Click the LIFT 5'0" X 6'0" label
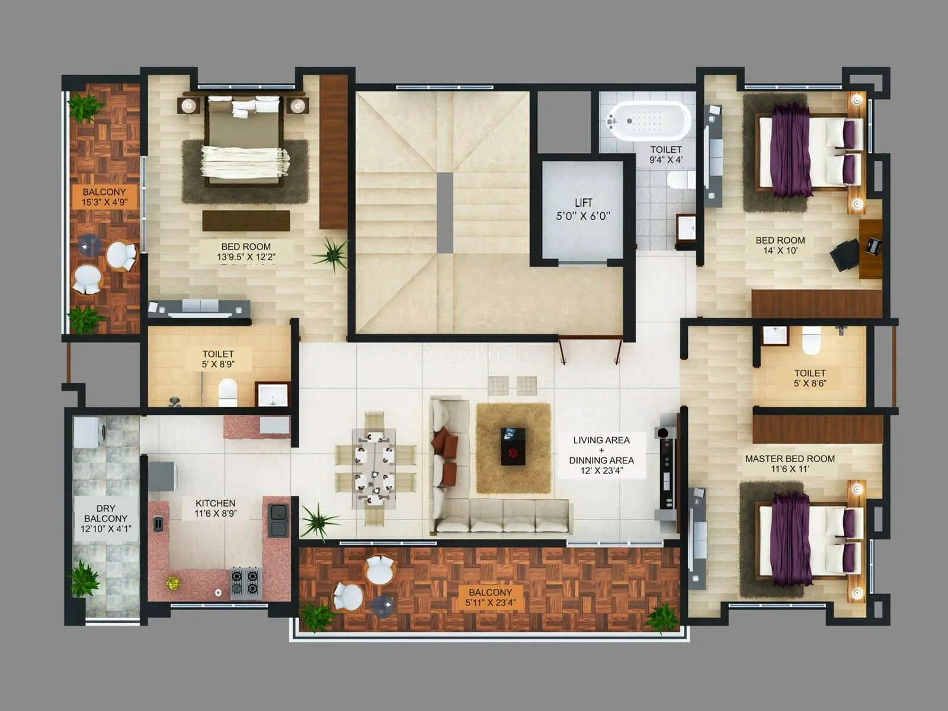583,209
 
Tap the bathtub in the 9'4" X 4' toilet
650,121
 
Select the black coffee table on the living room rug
513,446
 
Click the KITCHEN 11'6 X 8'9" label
216,508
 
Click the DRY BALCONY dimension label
105,518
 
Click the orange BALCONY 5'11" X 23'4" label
490,597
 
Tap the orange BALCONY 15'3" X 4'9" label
104,197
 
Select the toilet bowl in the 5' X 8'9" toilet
228,392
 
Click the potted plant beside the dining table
319,522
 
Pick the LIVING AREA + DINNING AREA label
601,455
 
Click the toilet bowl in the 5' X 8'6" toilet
811,341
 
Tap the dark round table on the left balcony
90,244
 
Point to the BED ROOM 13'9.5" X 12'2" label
246,251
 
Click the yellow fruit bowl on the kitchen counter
173,582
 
